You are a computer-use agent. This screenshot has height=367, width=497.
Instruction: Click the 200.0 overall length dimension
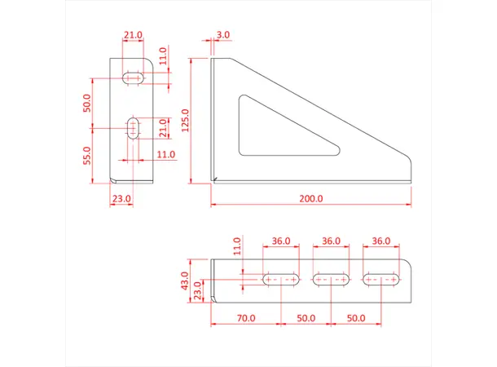(x=311, y=199)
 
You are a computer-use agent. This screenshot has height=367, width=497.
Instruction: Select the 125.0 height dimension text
(x=186, y=120)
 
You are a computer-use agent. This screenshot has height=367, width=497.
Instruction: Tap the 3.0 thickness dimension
(x=223, y=36)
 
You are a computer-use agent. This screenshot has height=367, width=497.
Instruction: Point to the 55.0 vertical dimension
(x=88, y=155)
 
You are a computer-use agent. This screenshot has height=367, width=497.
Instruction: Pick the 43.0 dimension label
(x=185, y=281)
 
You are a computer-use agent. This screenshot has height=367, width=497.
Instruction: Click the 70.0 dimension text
(x=245, y=317)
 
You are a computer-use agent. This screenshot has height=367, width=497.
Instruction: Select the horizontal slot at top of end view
(x=134, y=78)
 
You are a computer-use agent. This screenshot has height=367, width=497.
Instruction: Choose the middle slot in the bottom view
(x=331, y=280)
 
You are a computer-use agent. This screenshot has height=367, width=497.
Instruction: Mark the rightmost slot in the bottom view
(x=382, y=280)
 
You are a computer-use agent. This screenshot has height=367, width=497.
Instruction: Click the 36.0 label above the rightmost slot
(x=381, y=241)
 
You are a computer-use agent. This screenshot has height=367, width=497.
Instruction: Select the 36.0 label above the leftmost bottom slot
(x=280, y=241)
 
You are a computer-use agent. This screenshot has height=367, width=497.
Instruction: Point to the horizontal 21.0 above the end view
(x=133, y=36)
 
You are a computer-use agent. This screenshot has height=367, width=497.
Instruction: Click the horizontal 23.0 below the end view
(x=121, y=198)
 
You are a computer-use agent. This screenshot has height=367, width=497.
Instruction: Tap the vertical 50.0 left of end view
(x=88, y=104)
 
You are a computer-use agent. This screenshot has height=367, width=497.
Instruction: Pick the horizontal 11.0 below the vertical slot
(x=165, y=153)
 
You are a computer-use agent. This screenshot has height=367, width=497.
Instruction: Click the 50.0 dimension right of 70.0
(x=306, y=317)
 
